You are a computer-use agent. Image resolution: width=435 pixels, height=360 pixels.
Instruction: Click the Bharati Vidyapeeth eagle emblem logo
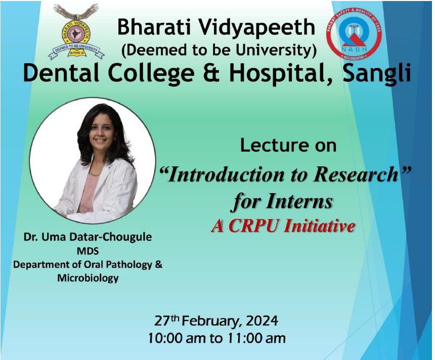click(x=76, y=31)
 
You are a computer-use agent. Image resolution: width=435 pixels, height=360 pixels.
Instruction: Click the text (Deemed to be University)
click(x=219, y=50)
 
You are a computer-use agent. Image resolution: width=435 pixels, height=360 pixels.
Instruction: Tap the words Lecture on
click(x=288, y=146)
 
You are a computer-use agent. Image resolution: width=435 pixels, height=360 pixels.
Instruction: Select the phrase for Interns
click(x=283, y=202)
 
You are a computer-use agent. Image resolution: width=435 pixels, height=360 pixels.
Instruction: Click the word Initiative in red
click(x=319, y=226)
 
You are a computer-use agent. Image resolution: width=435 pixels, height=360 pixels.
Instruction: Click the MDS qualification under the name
click(x=88, y=251)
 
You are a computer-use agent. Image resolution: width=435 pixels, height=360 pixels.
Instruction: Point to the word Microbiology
click(x=88, y=278)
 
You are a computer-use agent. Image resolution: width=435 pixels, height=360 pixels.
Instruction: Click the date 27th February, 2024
click(x=216, y=320)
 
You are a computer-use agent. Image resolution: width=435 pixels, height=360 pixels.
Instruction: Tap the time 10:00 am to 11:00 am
click(x=216, y=337)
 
